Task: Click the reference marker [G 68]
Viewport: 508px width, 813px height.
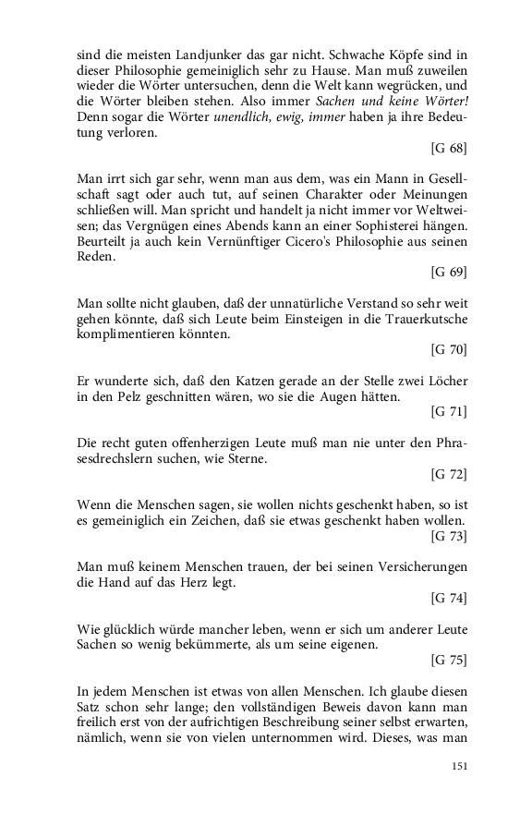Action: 449,148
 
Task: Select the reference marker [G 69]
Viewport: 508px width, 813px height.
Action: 449,273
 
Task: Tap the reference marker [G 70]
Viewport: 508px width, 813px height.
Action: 449,349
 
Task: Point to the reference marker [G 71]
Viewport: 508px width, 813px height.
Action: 449,412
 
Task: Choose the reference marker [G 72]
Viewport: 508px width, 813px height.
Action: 449,475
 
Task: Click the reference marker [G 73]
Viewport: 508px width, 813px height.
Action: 449,537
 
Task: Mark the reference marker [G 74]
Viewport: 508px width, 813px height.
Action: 449,599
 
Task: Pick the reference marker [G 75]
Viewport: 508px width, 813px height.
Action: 449,661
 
